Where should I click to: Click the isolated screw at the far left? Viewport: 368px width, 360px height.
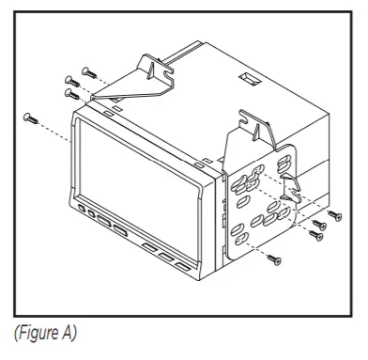click(x=28, y=117)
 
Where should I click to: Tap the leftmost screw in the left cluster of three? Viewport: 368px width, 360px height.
click(x=68, y=80)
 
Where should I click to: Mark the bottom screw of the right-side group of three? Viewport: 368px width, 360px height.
click(x=313, y=237)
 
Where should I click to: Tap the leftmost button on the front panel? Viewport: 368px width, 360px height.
click(x=82, y=208)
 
